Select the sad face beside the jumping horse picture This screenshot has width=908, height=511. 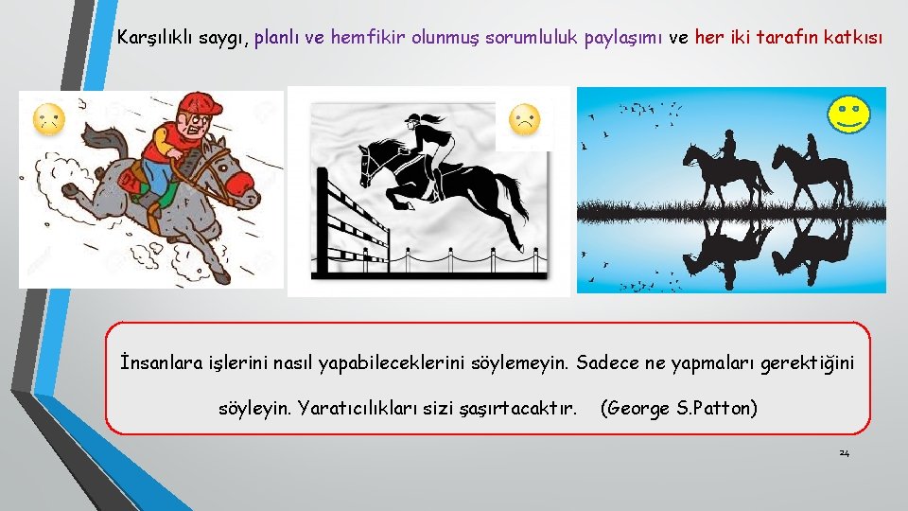(526, 120)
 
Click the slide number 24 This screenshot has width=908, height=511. (844, 453)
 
